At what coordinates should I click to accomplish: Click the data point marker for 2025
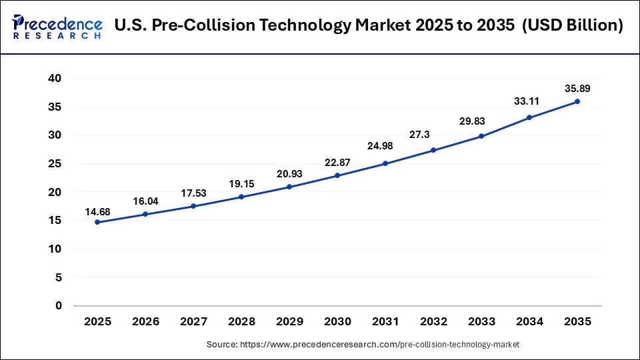point(97,222)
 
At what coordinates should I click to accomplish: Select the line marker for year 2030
point(337,175)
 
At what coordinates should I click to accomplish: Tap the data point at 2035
point(577,101)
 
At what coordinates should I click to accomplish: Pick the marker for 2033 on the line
point(481,136)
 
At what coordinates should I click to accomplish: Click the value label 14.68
point(97,212)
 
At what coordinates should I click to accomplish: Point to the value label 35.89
point(577,88)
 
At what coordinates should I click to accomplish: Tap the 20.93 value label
point(289,174)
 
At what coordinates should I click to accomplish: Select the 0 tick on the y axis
point(58,306)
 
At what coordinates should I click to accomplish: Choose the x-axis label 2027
point(193,322)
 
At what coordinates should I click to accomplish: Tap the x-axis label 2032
point(433,322)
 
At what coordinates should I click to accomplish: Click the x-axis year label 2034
point(529,322)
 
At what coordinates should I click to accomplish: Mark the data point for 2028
point(241,197)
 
